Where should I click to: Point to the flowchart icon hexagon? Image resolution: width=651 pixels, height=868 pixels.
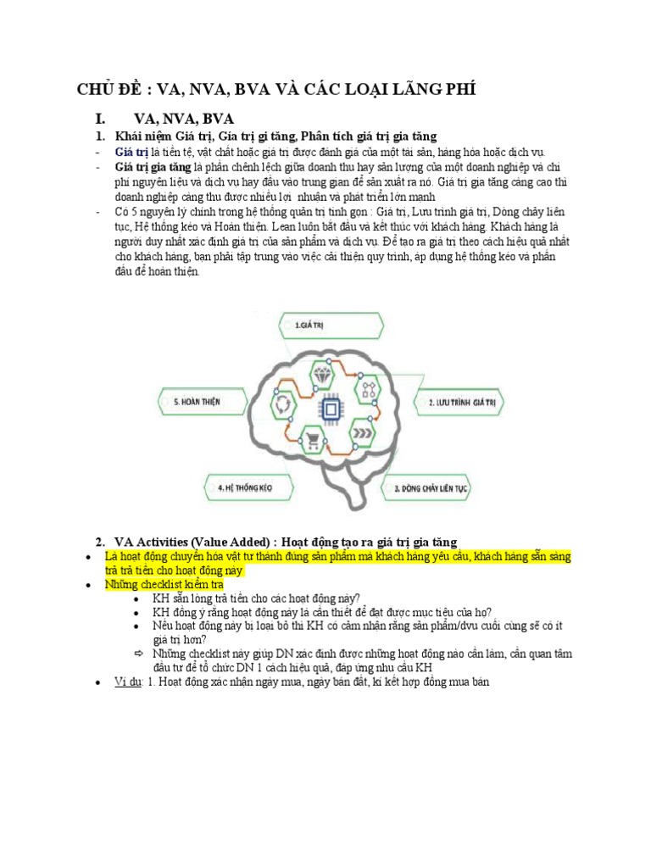click(x=368, y=390)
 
